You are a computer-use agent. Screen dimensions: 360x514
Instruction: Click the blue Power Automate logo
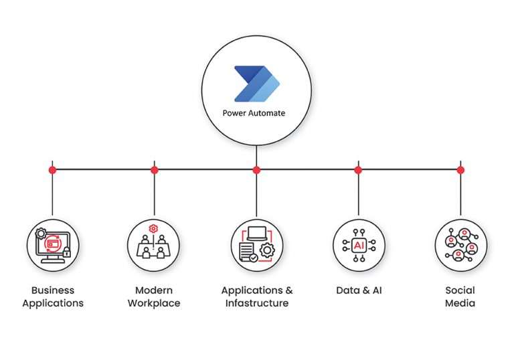pos(256,84)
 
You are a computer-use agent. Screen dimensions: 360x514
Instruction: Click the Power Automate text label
pos(254,113)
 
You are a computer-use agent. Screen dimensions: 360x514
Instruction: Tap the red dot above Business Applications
pos(52,170)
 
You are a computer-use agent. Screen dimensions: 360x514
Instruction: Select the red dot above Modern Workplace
pos(155,170)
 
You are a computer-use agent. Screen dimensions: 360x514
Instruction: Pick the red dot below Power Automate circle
pos(256,170)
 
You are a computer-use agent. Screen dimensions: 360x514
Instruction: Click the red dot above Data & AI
pos(358,170)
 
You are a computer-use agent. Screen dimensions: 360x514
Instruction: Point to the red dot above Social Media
pos(460,170)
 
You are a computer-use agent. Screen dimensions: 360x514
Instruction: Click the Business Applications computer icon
pos(52,244)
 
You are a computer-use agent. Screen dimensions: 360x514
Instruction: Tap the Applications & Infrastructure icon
pos(256,244)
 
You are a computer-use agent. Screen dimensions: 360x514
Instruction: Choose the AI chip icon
pos(358,244)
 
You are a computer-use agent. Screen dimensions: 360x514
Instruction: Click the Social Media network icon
pos(460,244)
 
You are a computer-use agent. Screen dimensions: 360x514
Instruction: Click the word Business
pos(53,290)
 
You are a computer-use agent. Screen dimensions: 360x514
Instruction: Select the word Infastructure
pos(257,303)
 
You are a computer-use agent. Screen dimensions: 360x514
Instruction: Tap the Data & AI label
pos(358,290)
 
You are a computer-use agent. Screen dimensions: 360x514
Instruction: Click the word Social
pos(460,290)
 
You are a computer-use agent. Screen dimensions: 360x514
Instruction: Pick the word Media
pos(460,303)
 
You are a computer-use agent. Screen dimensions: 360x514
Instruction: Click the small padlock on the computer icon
pos(67,252)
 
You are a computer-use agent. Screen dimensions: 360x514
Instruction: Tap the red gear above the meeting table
pos(155,229)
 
